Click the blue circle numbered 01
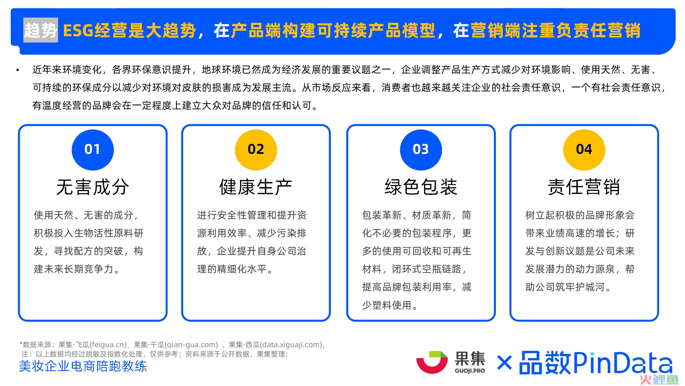point(93,150)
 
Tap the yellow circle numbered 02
point(256,150)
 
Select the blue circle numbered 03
point(421,150)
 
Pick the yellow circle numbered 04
point(584,150)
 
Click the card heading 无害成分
point(93,187)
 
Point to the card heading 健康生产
point(256,187)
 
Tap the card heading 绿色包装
point(421,187)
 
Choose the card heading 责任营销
point(584,187)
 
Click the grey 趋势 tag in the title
point(41,30)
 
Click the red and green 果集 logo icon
point(432,362)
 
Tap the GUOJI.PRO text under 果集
point(470,371)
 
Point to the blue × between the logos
point(504,363)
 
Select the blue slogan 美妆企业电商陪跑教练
point(83,366)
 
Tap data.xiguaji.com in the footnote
point(291,345)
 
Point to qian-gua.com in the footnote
point(192,345)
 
